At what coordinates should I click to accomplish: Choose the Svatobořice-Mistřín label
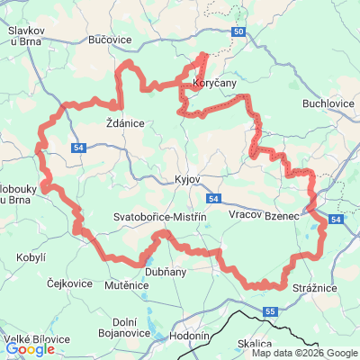[x=161, y=217]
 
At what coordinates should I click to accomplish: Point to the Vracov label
[x=244, y=217]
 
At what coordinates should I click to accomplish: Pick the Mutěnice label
[x=126, y=285]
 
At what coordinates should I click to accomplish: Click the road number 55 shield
[x=271, y=312]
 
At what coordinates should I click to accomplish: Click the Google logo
[x=30, y=349]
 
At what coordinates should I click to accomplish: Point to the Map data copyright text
[x=304, y=353]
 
